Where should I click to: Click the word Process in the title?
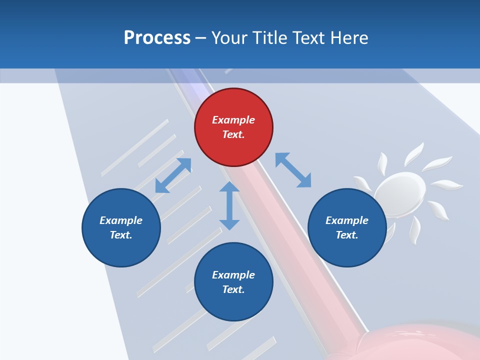click(x=157, y=38)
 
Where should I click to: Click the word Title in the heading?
click(x=268, y=38)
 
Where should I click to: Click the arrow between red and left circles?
click(x=173, y=175)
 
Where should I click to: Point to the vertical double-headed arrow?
click(x=229, y=205)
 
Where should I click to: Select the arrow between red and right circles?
click(x=293, y=170)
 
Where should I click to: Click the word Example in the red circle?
click(x=233, y=120)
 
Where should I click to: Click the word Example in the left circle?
click(x=121, y=220)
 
